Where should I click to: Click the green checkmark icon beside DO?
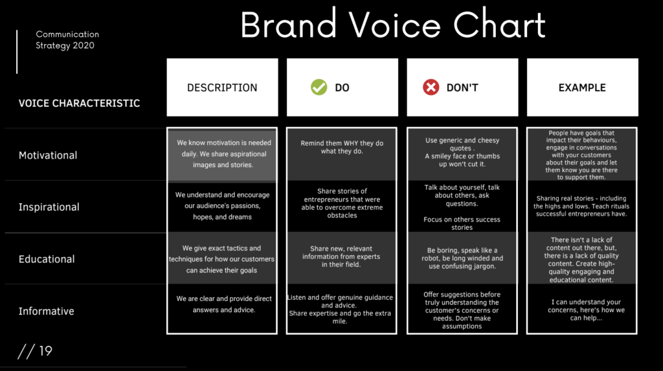319,87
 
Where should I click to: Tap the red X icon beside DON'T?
431,87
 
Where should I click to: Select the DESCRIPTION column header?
223,87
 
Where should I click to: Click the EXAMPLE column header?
583,87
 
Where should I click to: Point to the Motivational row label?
48,155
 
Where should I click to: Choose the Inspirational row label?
49,207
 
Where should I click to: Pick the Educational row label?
47,259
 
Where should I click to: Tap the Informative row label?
47,311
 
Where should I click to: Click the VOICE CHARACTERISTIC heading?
79,103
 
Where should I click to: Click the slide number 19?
45,351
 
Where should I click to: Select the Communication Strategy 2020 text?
67,39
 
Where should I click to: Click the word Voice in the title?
394,25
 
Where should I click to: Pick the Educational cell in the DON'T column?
462,258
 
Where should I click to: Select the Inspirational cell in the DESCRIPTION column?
223,206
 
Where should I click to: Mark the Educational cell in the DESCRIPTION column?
221,259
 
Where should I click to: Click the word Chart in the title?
499,25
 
